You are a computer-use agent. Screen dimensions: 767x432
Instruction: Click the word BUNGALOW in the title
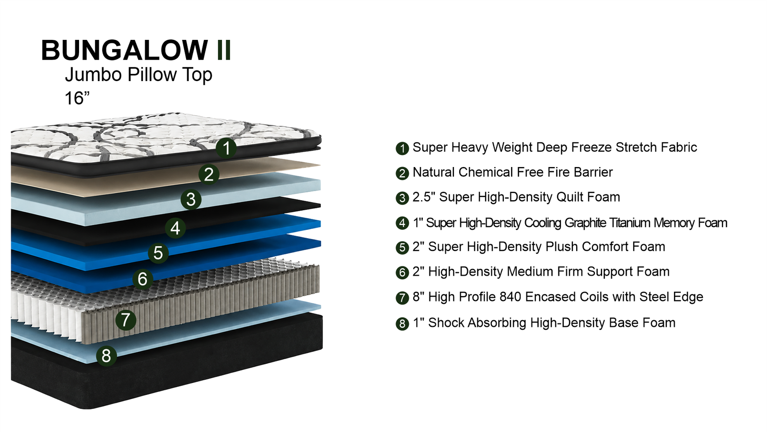click(124, 50)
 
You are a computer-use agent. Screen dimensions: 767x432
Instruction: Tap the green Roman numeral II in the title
click(224, 50)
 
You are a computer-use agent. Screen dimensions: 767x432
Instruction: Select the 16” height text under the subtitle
click(77, 98)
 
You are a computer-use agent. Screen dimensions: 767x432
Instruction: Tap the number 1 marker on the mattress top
click(226, 148)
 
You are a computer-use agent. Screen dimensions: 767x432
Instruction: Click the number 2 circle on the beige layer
click(209, 174)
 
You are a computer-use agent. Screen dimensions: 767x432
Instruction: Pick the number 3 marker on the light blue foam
click(191, 200)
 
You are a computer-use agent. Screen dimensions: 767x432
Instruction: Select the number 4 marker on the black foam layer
click(175, 228)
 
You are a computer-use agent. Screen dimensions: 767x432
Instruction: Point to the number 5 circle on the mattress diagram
click(158, 253)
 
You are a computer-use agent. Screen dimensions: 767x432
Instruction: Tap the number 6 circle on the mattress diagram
click(143, 279)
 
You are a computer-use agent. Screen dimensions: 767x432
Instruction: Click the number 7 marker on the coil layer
click(126, 320)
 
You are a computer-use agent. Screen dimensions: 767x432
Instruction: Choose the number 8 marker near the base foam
click(106, 356)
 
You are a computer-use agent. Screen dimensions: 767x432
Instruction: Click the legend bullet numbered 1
click(402, 148)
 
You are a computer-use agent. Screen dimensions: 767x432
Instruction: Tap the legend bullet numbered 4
click(402, 223)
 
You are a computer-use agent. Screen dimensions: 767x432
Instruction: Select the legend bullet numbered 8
click(402, 324)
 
